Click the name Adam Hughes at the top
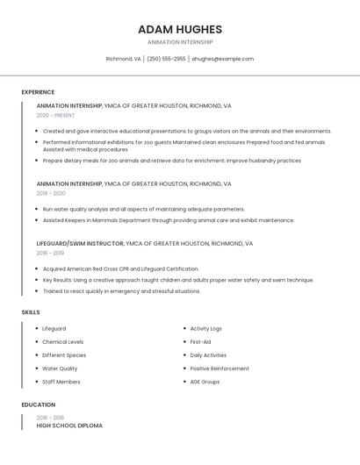(x=179, y=29)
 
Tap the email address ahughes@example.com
(x=222, y=59)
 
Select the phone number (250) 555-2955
(x=166, y=59)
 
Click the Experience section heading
(x=38, y=92)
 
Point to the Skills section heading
(x=31, y=312)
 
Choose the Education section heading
(x=39, y=405)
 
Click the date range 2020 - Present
(x=55, y=115)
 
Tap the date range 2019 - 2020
(x=51, y=193)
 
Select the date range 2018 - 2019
(x=50, y=253)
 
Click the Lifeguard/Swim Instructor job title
(x=80, y=243)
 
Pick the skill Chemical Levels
(x=63, y=342)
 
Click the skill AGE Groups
(x=205, y=382)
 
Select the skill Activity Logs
(x=205, y=329)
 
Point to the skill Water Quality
(x=60, y=368)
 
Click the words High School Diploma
(x=69, y=426)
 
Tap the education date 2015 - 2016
(x=50, y=418)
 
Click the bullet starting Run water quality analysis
(x=143, y=210)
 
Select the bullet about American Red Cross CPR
(x=120, y=269)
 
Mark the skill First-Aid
(x=200, y=342)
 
